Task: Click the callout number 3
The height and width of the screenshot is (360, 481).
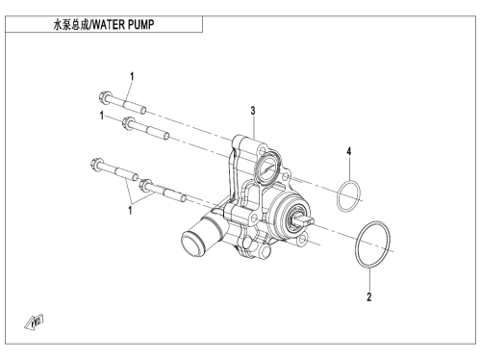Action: [x=253, y=111]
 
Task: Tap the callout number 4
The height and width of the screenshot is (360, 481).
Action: [x=349, y=151]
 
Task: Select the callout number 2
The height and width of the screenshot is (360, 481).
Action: [x=369, y=296]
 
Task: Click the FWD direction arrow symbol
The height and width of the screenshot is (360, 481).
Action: [x=34, y=321]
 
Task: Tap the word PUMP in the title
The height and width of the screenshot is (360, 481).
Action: [x=141, y=24]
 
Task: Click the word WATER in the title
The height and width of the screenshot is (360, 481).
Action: [x=109, y=24]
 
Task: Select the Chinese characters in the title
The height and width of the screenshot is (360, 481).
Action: [x=72, y=24]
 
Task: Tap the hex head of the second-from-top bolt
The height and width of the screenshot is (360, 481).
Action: [x=128, y=123]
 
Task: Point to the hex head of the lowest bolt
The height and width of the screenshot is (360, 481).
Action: [x=145, y=185]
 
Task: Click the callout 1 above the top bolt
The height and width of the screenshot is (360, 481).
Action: [x=132, y=77]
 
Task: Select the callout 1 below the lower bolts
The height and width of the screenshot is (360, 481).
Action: [x=130, y=211]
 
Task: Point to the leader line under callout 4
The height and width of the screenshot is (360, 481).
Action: [x=349, y=168]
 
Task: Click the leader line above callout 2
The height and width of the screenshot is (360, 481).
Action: [x=369, y=278]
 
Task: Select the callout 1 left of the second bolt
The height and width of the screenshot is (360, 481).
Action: [x=102, y=116]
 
